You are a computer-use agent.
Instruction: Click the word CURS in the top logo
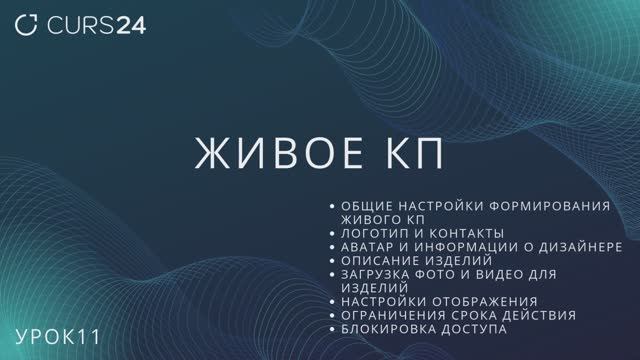tap(79, 25)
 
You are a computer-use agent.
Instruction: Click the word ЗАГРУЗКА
tap(378, 273)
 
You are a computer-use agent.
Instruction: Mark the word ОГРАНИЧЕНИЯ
tap(393, 315)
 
